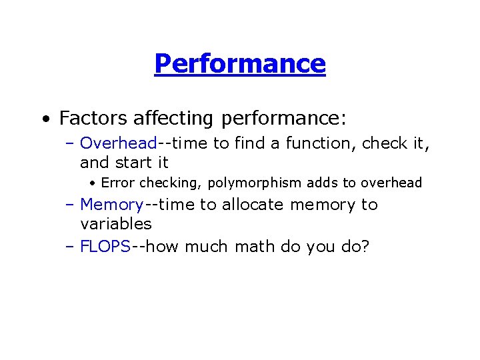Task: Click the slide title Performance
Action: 240,64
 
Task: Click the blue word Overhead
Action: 118,143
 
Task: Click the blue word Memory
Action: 111,205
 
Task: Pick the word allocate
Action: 250,205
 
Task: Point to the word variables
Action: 116,223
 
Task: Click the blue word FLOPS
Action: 105,247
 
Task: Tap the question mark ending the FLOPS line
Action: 364,247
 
